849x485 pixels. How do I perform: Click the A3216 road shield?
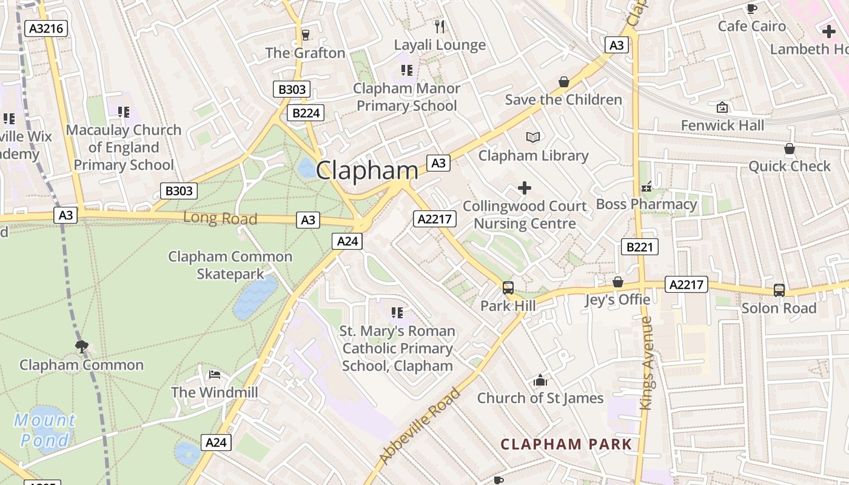click(x=47, y=28)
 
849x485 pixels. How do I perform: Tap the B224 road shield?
click(x=305, y=113)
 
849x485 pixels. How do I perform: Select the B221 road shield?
click(x=639, y=247)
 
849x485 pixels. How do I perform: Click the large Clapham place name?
click(x=367, y=170)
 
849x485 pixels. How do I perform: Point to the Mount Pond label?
click(x=45, y=430)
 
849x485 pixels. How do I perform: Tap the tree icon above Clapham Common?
click(x=81, y=347)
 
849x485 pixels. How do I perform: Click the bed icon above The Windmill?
click(x=214, y=375)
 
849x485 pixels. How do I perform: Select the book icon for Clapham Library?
click(x=533, y=138)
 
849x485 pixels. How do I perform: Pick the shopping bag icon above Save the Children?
click(x=563, y=82)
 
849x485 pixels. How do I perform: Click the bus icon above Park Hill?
click(x=508, y=288)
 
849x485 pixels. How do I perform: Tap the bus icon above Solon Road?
click(x=779, y=290)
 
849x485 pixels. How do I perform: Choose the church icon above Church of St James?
click(x=540, y=381)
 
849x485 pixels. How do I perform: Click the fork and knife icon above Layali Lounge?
click(x=440, y=27)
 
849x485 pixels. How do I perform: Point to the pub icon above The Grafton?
click(x=305, y=35)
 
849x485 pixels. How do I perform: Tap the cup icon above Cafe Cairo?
click(x=751, y=8)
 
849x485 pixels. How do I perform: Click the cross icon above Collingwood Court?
click(x=525, y=189)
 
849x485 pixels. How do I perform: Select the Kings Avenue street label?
click(x=647, y=363)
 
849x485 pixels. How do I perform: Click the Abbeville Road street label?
click(x=420, y=425)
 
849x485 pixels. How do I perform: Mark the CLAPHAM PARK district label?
click(x=566, y=444)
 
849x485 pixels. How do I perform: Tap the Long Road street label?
click(x=220, y=218)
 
